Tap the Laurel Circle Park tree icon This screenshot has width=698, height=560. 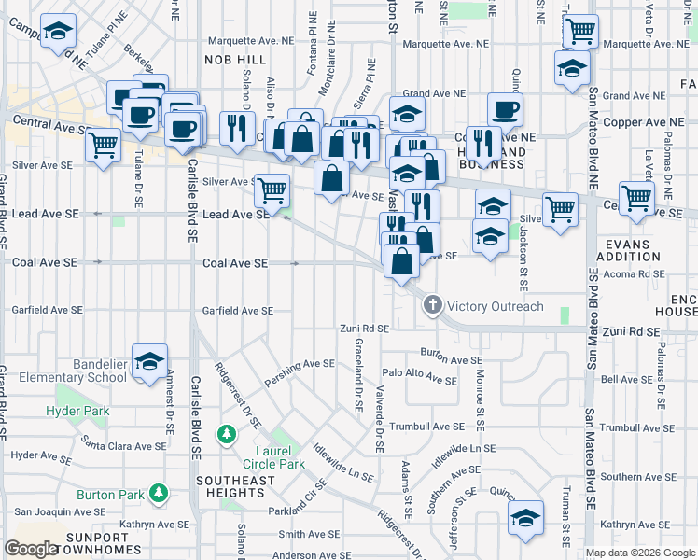coord(226,434)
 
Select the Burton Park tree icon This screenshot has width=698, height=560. coord(160,492)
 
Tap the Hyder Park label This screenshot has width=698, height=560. coord(78,411)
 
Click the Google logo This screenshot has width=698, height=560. coord(31,548)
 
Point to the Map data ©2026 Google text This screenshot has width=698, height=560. coord(639,553)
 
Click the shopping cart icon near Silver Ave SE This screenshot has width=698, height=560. coord(272,190)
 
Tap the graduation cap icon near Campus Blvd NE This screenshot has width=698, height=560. coord(58,33)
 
